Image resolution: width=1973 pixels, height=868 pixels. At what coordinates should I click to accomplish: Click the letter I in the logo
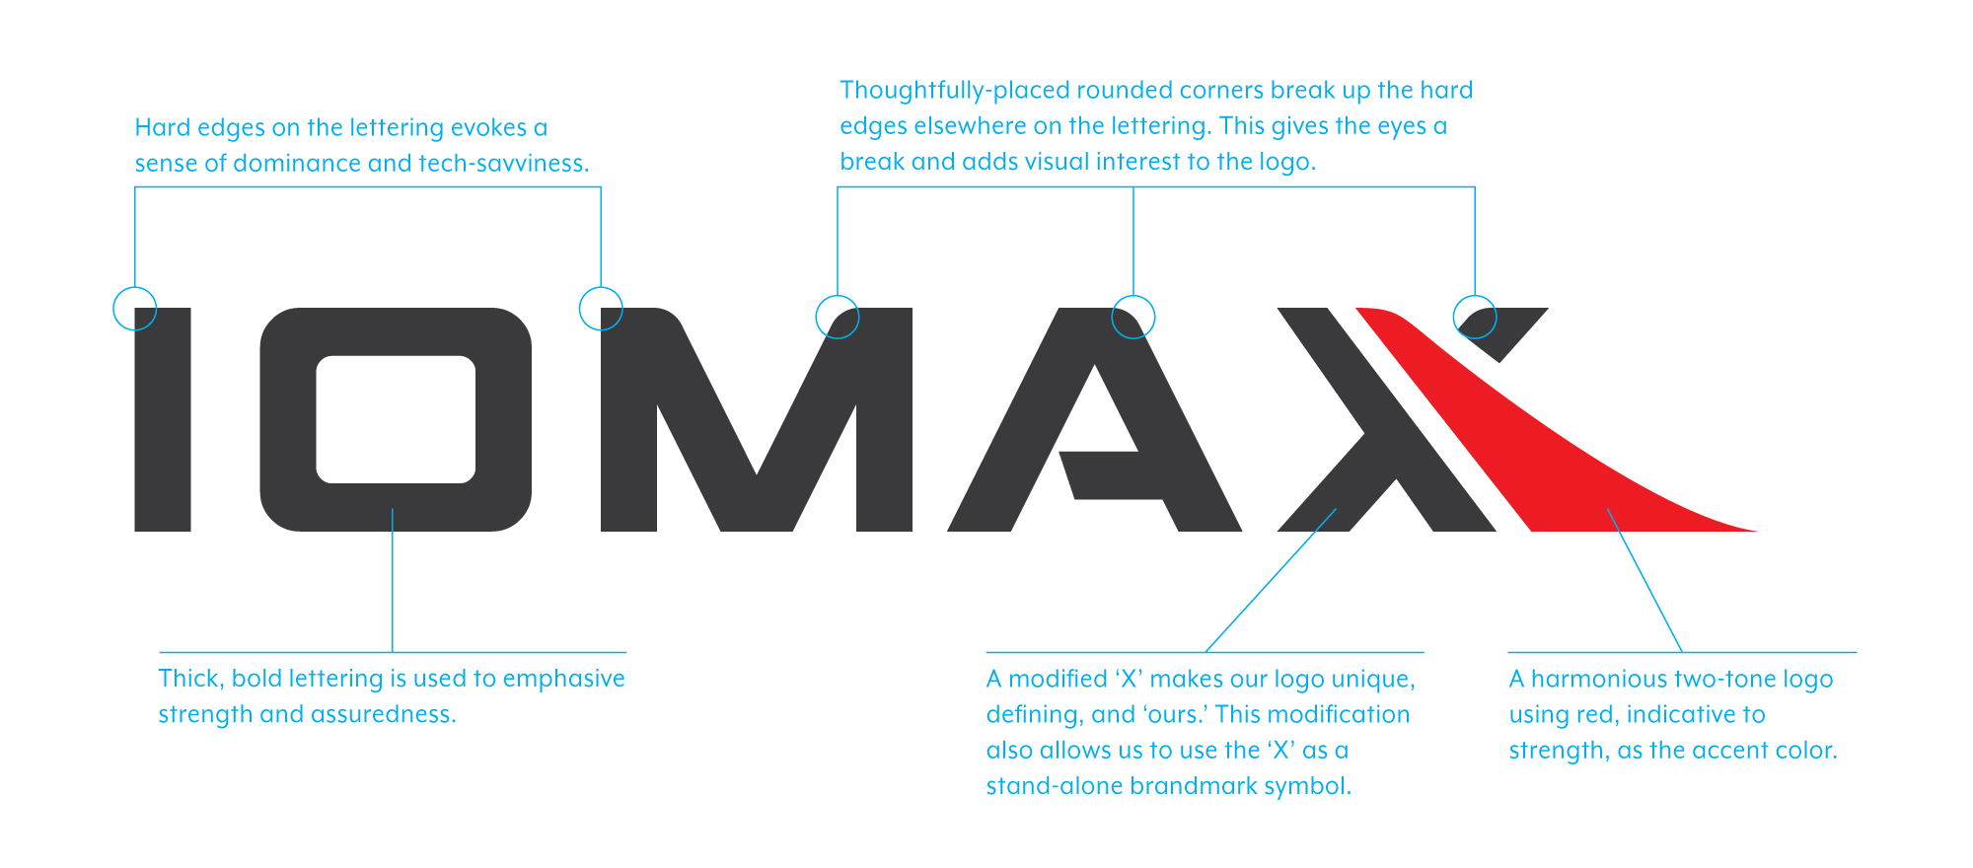coord(163,419)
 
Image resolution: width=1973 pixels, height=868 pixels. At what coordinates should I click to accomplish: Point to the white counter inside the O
coord(396,419)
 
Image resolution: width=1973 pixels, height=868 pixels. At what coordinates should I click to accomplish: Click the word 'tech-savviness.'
coord(503,163)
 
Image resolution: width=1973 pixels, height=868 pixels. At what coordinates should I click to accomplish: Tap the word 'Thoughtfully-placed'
coord(955,91)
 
